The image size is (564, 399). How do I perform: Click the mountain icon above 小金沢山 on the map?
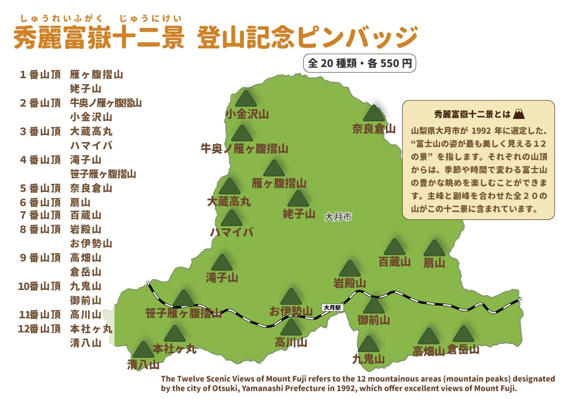(245, 99)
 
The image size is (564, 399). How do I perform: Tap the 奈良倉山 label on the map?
(374, 128)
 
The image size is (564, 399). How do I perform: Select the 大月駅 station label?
(332, 307)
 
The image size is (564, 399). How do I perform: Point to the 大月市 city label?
(338, 217)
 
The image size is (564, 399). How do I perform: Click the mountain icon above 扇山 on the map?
(434, 248)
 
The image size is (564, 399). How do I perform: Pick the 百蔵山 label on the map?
(394, 261)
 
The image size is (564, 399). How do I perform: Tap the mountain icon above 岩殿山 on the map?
(349, 269)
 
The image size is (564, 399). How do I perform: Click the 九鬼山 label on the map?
(368, 359)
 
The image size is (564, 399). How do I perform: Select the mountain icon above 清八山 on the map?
(143, 350)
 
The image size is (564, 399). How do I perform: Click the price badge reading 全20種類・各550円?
(359, 63)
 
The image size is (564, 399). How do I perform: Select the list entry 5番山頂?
(40, 188)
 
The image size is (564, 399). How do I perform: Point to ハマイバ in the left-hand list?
(91, 145)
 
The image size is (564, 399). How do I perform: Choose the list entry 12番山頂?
(40, 328)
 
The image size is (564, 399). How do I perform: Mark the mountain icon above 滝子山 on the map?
(221, 263)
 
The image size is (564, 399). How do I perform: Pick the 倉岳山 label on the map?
(463, 350)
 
